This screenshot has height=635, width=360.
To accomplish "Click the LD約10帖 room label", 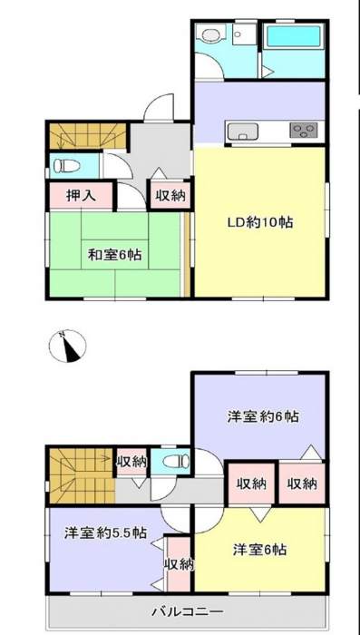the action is coord(258,222).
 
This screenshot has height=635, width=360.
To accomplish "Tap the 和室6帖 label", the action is coord(114,255).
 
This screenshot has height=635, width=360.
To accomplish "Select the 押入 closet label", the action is coord(81,196).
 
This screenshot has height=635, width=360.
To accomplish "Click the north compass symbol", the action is coord(67,346).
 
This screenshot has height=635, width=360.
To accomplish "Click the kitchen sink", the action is coord(243,131).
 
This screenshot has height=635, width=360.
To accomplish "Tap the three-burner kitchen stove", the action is coord(303,131).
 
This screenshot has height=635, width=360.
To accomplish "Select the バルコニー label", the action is coord(188,611).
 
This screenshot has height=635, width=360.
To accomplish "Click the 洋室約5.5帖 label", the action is coord(105,532).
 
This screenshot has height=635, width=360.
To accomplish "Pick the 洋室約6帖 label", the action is coord(263,416).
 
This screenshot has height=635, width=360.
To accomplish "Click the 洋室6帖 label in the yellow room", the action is coord(259,550).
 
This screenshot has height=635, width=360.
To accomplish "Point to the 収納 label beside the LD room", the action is coord(170,196).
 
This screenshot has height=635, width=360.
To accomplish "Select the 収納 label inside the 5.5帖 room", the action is coord(179,564).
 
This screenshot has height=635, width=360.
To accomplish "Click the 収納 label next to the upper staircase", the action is coord(131,461).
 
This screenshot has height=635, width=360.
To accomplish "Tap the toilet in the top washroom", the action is coord(209,34).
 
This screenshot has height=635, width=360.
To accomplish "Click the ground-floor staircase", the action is coord(87,136).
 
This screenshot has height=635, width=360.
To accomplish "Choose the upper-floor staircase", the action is coord(81,476).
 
